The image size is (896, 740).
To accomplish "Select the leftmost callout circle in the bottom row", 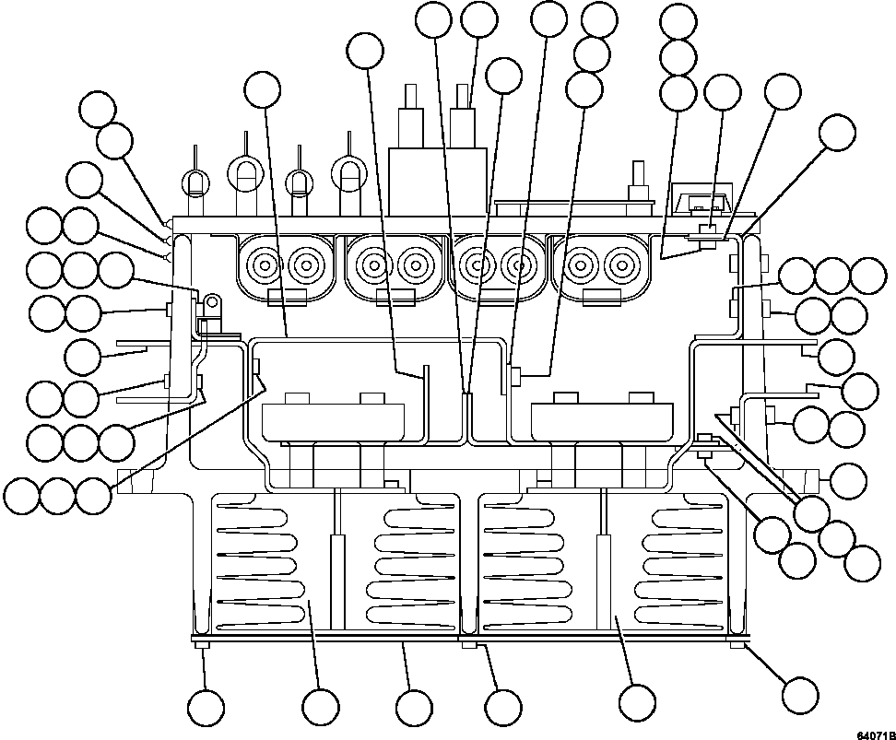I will tap(206, 707).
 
